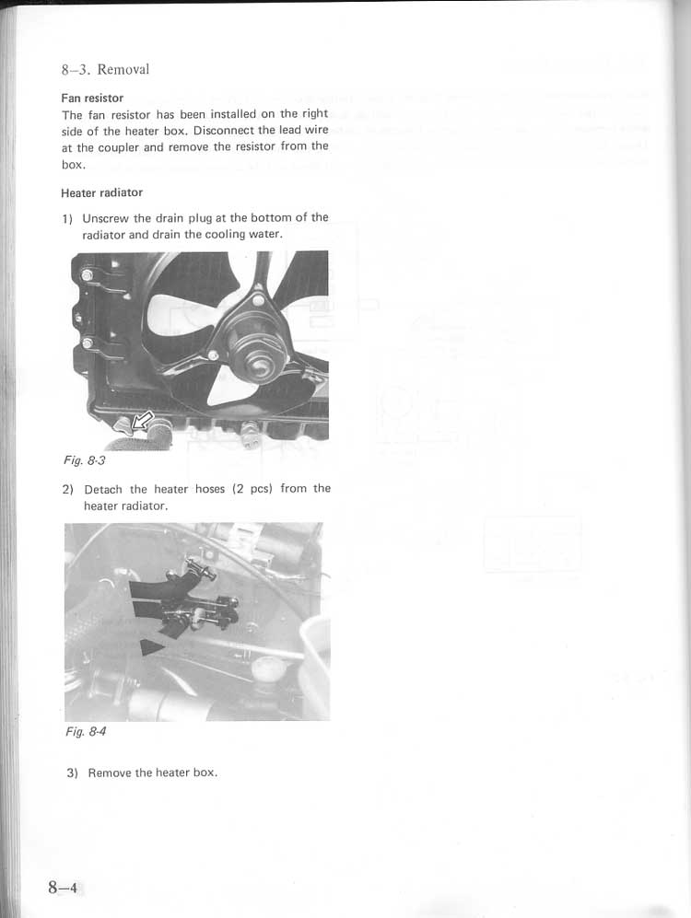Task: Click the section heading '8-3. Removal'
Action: pos(105,70)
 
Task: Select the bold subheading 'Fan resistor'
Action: pos(92,99)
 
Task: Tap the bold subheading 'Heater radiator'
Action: pos(101,193)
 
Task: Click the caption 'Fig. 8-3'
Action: pos(85,460)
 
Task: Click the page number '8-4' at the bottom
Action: pos(64,888)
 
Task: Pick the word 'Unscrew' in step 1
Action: pos(105,218)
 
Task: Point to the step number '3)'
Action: pos(72,773)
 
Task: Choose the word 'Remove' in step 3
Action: pos(110,773)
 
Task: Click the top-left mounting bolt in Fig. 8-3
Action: pos(86,275)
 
